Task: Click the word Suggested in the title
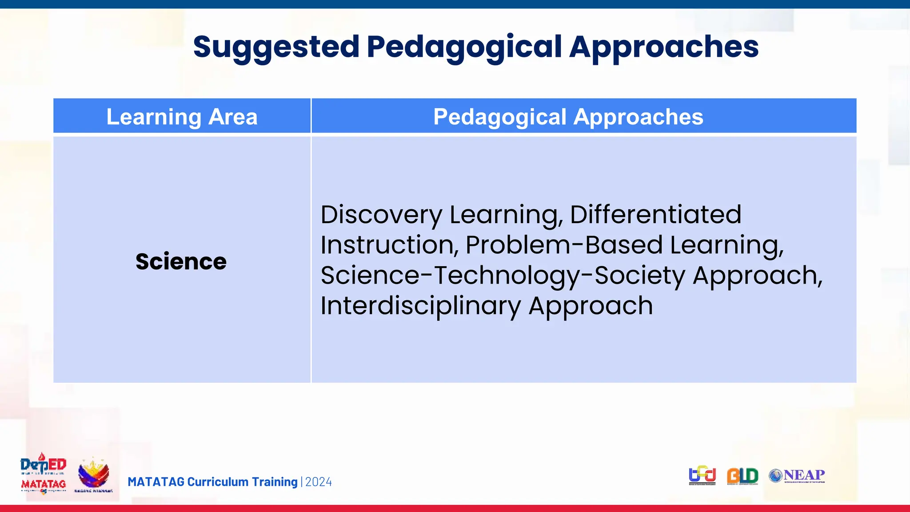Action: [x=276, y=47]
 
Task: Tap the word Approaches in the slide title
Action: [x=664, y=47]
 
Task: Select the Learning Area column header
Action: [x=182, y=117]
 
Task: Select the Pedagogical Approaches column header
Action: [x=568, y=117]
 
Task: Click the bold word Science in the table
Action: [x=181, y=261]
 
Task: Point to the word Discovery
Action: [x=381, y=215]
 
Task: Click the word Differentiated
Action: [x=655, y=215]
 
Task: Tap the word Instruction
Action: [x=389, y=245]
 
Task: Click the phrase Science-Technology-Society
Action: [x=503, y=276]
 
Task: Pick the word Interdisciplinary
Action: [x=420, y=306]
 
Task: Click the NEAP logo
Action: [x=797, y=476]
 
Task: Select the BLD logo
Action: [x=742, y=476]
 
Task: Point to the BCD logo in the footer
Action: [x=702, y=476]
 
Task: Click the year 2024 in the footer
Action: [x=319, y=482]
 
